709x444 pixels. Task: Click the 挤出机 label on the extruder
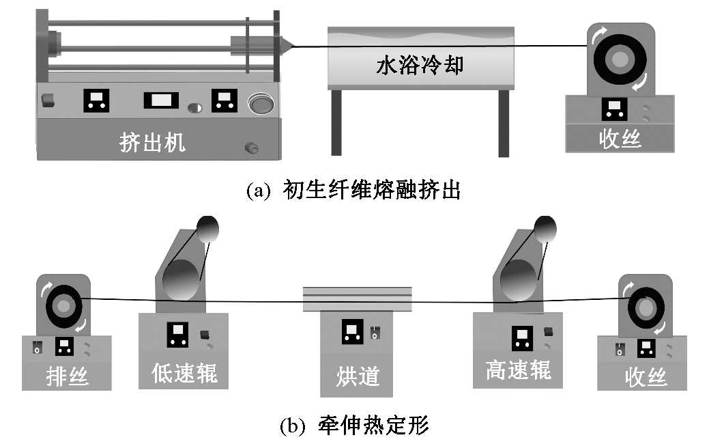click(153, 143)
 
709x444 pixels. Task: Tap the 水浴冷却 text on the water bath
click(420, 66)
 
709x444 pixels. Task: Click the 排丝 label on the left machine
click(66, 376)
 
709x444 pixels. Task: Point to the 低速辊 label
click(184, 373)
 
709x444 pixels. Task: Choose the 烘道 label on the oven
click(358, 376)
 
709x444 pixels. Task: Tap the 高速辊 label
click(518, 370)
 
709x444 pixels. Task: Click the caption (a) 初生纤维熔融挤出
click(353, 190)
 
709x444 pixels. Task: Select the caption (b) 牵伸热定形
click(354, 426)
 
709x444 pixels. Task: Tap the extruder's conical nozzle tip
click(289, 46)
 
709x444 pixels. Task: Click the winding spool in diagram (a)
click(620, 61)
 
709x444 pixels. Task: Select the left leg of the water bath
click(336, 123)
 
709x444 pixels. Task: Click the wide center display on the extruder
click(161, 101)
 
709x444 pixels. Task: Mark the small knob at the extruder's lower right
click(250, 147)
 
